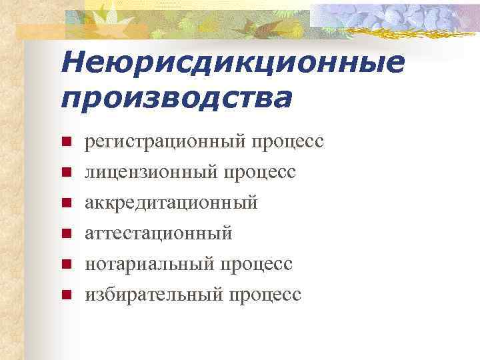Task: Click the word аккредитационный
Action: pyautogui.click(x=170, y=203)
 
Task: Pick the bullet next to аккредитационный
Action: pyautogui.click(x=66, y=203)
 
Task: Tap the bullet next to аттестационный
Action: pyautogui.click(x=66, y=233)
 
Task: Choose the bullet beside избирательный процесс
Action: pyautogui.click(x=66, y=293)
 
